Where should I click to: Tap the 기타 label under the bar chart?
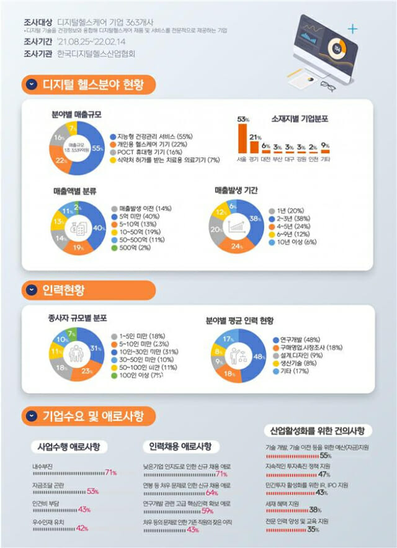(x=325, y=159)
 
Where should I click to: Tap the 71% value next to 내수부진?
(x=111, y=473)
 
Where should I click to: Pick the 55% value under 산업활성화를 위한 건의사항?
(x=326, y=456)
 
